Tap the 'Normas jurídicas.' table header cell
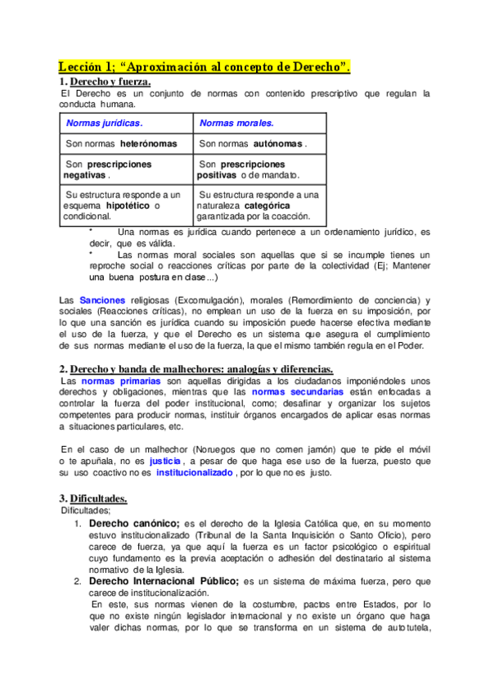[x=104, y=124]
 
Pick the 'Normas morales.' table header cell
[x=236, y=124]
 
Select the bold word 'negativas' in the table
[x=85, y=175]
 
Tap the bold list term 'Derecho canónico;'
[x=134, y=522]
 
